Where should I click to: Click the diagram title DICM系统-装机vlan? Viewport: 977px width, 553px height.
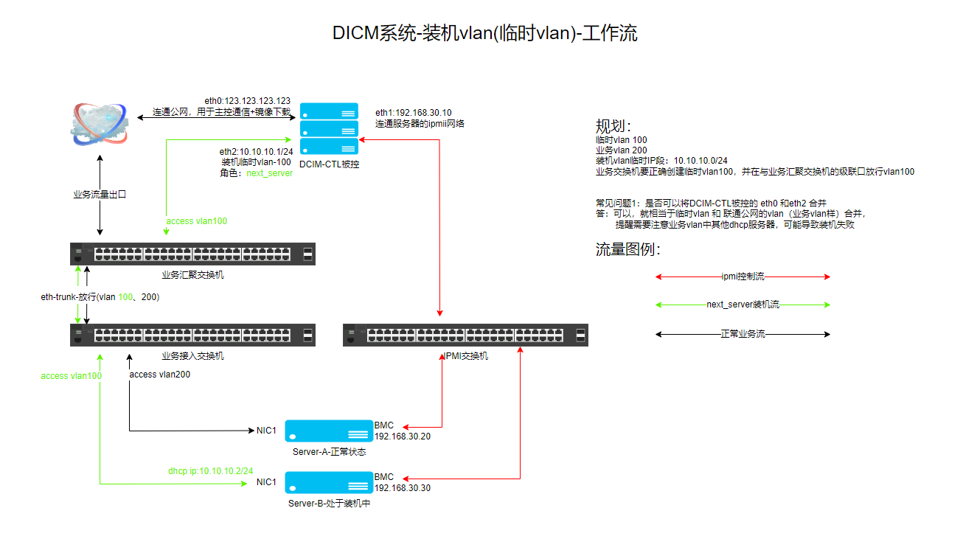(484, 34)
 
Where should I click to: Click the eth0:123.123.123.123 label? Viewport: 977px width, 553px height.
(247, 101)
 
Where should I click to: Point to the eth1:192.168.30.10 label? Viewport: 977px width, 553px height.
(413, 113)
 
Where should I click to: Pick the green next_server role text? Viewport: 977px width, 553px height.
(269, 173)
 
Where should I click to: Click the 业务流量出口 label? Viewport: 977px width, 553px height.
(100, 195)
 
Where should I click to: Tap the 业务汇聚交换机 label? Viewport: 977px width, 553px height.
(192, 275)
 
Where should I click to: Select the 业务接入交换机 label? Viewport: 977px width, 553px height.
(192, 356)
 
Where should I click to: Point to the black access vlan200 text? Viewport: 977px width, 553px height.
(160, 375)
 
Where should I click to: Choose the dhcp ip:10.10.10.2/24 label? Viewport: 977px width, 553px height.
(210, 470)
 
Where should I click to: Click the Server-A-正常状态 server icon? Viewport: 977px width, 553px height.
(328, 431)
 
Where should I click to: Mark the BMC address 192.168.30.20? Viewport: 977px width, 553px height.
(402, 437)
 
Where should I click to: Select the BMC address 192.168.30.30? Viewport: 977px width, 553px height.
(402, 488)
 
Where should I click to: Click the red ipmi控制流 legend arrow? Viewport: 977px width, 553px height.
(743, 276)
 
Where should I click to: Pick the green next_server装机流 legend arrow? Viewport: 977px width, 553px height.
(743, 305)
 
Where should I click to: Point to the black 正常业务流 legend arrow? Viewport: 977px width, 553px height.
(743, 334)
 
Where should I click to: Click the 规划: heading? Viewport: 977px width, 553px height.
(613, 125)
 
